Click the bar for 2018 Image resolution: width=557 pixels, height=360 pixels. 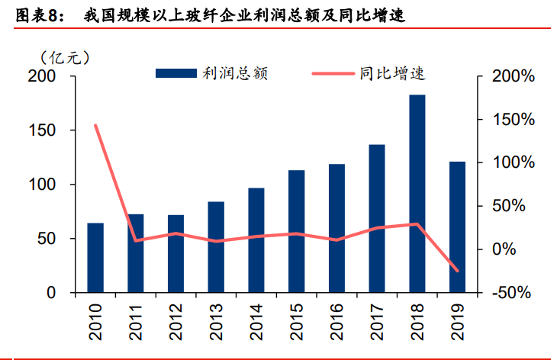click(417, 194)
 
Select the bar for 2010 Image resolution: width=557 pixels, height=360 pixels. click(95, 258)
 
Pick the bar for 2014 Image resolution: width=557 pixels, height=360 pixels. click(256, 240)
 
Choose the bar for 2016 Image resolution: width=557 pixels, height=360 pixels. click(336, 228)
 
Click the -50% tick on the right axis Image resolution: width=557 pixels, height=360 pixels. click(507, 293)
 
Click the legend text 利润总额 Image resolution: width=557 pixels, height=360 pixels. click(234, 73)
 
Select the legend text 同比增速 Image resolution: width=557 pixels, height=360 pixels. click(391, 73)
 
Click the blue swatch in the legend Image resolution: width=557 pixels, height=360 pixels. click(176, 73)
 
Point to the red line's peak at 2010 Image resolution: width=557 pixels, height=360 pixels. click(95, 125)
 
